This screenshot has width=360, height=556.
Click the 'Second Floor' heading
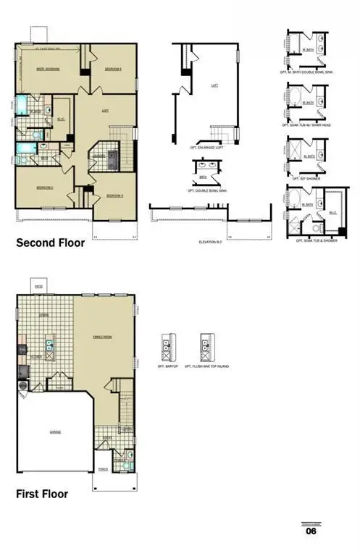[x=50, y=243]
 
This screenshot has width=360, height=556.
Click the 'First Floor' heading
[x=42, y=494]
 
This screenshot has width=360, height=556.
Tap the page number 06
[x=311, y=531]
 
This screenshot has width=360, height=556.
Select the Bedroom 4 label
[x=112, y=69]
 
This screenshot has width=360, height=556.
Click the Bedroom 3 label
[x=114, y=195]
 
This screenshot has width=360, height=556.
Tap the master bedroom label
[x=47, y=69]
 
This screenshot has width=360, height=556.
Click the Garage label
[x=55, y=431]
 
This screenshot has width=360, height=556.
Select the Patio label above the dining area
[x=39, y=287]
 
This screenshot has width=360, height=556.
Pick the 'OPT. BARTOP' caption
[x=167, y=367]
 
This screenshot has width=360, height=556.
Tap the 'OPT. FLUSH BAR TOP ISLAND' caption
[x=209, y=367]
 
